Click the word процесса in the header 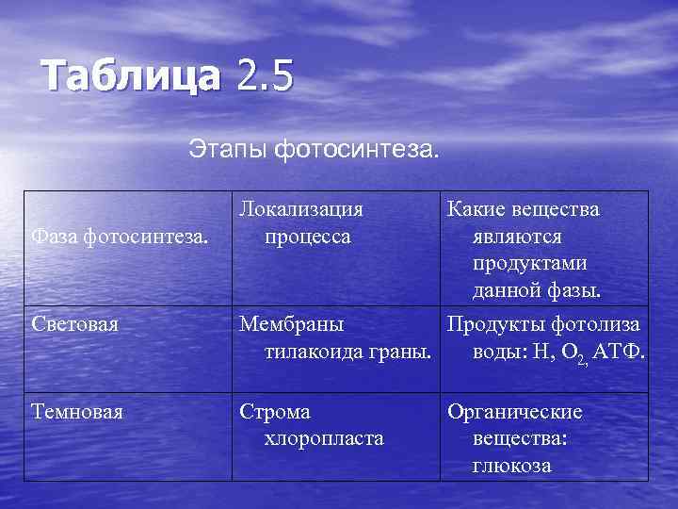[x=308, y=236]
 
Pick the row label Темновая [x=76, y=412]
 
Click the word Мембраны [x=292, y=325]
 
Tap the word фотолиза [x=593, y=325]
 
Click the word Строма [x=275, y=412]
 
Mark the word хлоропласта [x=324, y=438]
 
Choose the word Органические [x=514, y=412]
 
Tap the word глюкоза [x=511, y=465]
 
